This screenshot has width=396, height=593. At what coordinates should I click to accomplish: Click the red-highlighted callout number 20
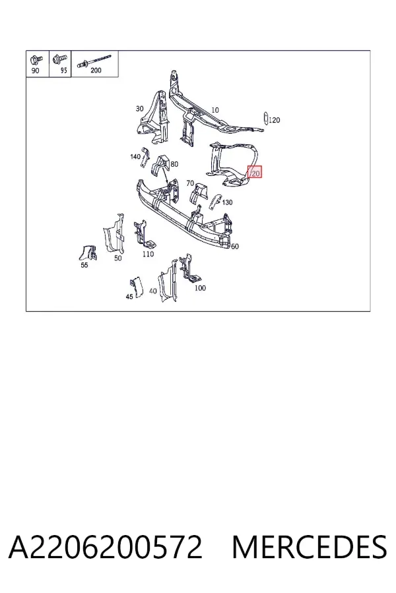coord(255,173)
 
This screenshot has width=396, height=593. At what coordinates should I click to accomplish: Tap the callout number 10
coord(215,110)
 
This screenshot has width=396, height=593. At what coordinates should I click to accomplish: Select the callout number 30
coord(139,109)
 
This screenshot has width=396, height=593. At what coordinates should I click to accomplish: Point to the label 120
coord(275,120)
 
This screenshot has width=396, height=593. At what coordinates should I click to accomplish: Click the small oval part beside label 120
coord(265,118)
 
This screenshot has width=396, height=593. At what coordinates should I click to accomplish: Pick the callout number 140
coord(135,156)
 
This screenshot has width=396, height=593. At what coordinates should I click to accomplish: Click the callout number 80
coord(174,164)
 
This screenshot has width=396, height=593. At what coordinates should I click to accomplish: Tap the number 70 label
coord(190,183)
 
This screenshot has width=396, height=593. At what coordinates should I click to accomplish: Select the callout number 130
coord(227,202)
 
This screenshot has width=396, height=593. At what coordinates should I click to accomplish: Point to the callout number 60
coord(235,246)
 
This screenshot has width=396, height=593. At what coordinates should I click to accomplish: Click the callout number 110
coord(148,254)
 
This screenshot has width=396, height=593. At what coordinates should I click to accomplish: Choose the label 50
coord(118,258)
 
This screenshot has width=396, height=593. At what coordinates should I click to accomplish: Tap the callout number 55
coord(84,265)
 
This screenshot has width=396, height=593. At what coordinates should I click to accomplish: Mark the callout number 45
coord(129,296)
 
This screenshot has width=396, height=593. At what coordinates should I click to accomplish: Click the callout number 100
coord(200,288)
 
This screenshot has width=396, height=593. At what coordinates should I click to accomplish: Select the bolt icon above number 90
coord(36,60)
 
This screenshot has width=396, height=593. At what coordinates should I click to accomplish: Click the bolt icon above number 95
coord(59,59)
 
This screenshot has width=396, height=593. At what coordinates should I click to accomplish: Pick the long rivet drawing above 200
coord(94,61)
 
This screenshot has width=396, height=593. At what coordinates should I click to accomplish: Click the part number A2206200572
coord(106,547)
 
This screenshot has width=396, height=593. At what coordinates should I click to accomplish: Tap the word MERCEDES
coord(310,547)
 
